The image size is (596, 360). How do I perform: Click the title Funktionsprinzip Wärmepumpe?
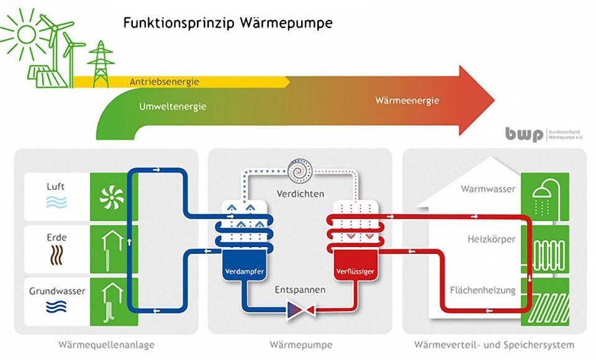(228, 23)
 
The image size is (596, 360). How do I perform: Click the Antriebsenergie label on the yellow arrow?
(165, 82)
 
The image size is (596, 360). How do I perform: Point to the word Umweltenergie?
(173, 106)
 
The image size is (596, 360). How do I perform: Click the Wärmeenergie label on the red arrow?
(407, 101)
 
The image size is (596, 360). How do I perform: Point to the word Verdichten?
(300, 194)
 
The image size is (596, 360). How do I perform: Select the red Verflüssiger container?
(353, 271)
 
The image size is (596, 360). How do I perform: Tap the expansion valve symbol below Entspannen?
(300, 308)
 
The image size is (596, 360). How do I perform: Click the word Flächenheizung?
(482, 290)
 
